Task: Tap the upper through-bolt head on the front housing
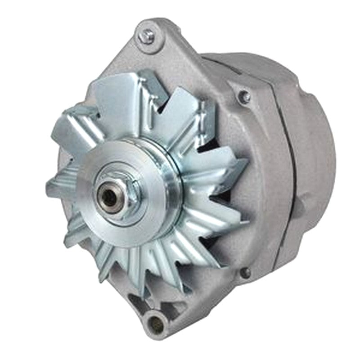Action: (x=244, y=96)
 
